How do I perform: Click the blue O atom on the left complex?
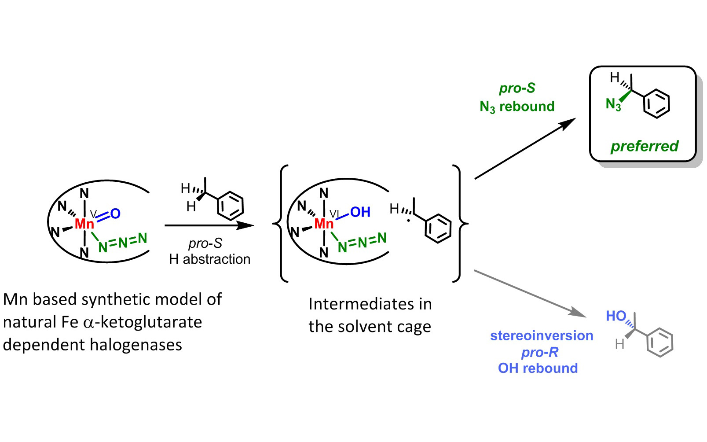[115, 214]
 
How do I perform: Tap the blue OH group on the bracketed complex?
[360, 212]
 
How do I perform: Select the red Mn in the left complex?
[84, 224]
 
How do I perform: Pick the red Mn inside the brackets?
[324, 224]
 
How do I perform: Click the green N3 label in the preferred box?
[613, 104]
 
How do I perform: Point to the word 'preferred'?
[644, 146]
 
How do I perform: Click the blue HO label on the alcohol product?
[616, 316]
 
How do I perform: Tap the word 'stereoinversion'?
[542, 335]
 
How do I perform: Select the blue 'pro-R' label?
[539, 352]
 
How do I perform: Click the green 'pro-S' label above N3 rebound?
[517, 88]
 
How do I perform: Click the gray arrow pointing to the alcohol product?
[530, 293]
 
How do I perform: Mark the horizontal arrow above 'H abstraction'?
[209, 225]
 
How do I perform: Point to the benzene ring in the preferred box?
[656, 103]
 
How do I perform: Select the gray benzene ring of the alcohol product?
[659, 342]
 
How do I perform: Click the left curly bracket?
[281, 223]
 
